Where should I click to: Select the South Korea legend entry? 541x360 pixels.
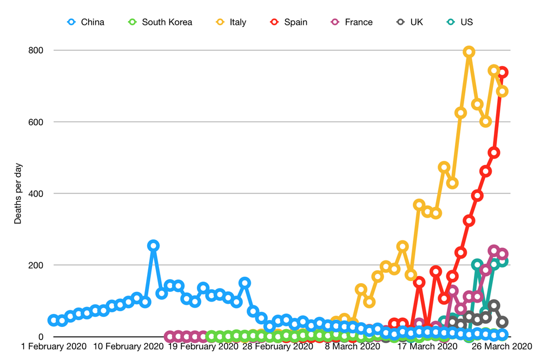pos(160,22)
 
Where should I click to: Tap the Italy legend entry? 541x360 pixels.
pos(231,22)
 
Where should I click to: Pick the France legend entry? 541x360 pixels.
pos(352,22)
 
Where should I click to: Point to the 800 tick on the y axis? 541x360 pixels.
pos(36,50)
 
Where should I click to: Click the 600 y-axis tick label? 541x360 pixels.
pos(36,122)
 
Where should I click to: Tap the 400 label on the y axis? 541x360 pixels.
pos(36,193)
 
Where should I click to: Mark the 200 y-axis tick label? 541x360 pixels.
pos(36,265)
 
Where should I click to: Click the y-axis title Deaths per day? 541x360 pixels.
pos(18,193)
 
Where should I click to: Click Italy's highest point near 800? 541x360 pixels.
pos(469,52)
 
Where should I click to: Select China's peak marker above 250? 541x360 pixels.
pos(153,246)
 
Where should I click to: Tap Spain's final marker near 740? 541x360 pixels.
pos(502,72)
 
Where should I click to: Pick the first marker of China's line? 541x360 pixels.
pos(54,320)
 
